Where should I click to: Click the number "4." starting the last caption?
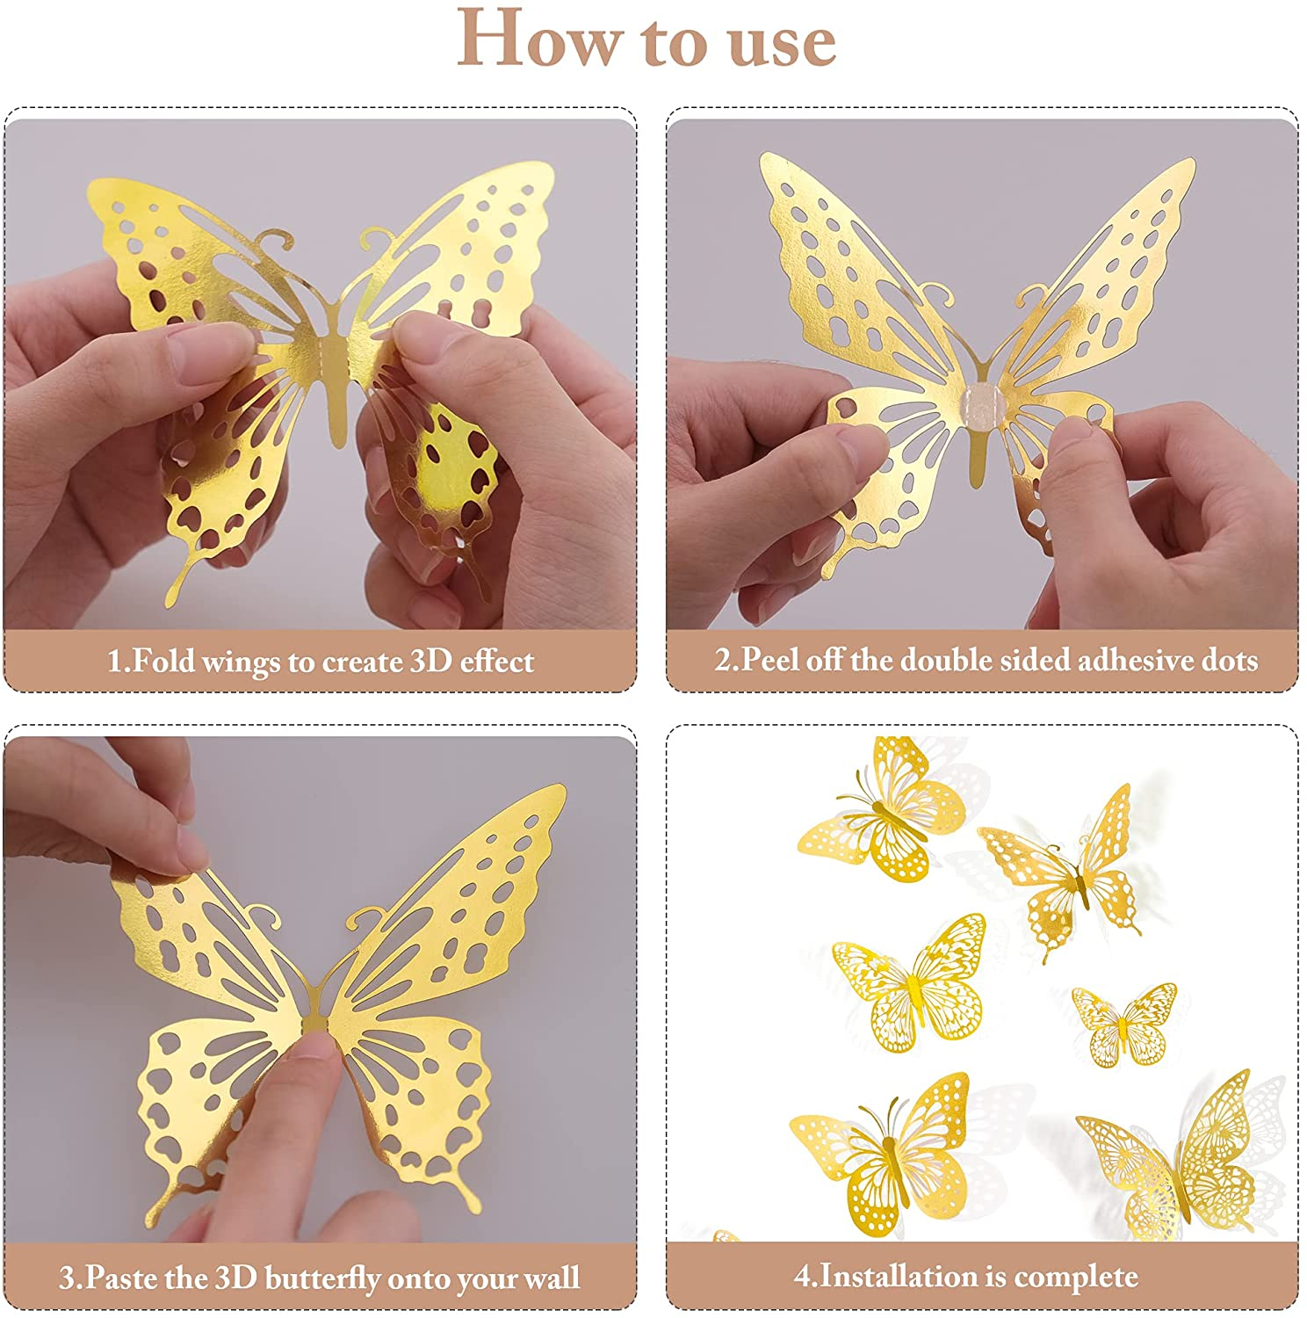[805, 1276]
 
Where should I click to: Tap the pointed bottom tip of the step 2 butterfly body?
[975, 482]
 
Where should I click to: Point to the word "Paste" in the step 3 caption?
[123, 1277]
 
